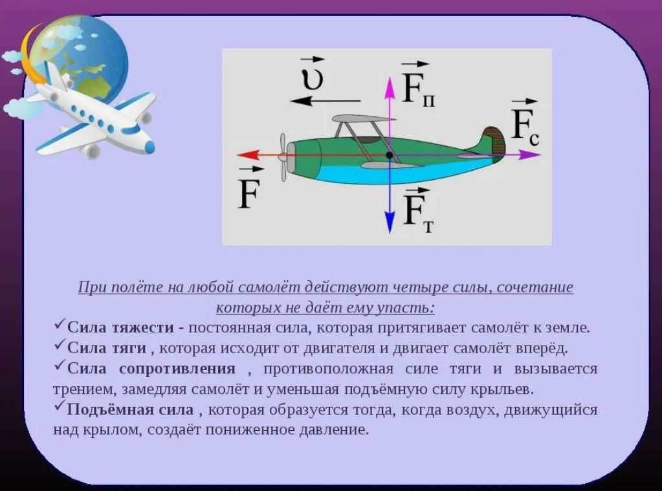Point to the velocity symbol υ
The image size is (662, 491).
pos(313,79)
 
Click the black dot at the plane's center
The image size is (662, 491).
pos(390,155)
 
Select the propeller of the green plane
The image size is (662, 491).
pos(282,157)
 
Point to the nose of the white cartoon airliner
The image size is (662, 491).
pos(149,147)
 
